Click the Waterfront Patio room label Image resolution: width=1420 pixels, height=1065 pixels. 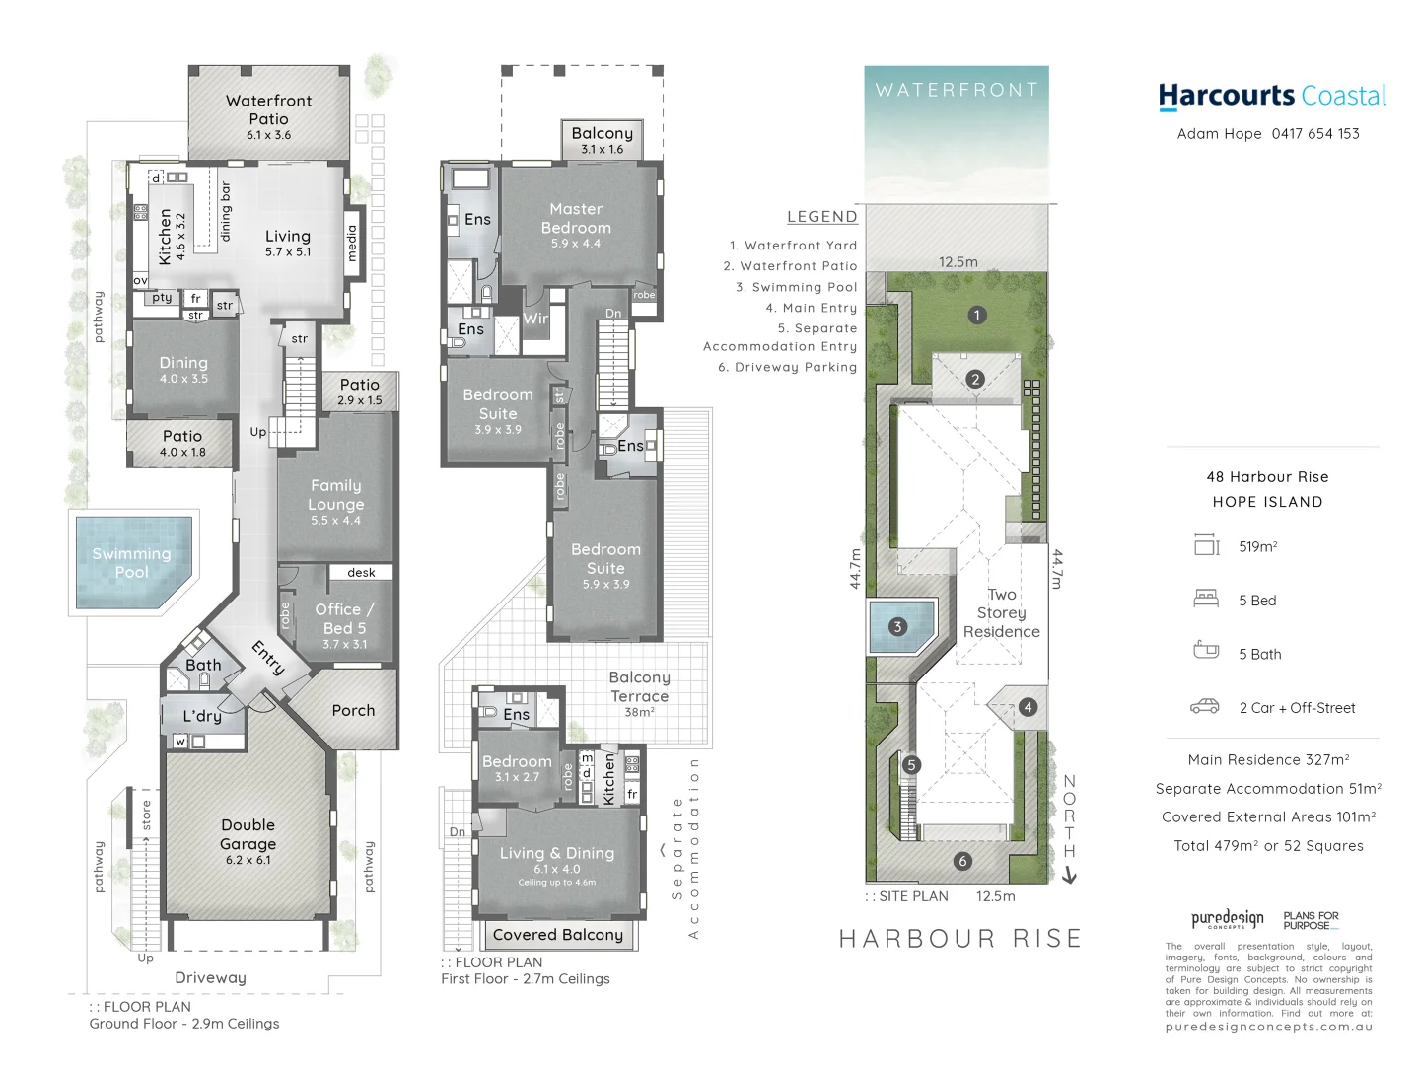268,109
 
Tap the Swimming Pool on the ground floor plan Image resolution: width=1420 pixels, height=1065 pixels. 131,563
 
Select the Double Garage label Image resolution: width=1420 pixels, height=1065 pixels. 248,834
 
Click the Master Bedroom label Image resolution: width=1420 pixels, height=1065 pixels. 576,218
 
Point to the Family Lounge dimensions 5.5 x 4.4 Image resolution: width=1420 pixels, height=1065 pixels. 335,521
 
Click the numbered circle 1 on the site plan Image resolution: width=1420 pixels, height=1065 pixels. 976,316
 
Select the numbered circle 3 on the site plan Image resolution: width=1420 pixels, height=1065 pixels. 897,626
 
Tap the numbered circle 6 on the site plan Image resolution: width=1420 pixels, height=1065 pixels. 962,861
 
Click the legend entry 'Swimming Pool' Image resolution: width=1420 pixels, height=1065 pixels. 797,287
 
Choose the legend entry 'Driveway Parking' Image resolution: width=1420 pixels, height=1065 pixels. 787,367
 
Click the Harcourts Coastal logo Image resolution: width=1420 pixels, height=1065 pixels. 1272,96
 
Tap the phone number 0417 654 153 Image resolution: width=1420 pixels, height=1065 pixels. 1315,134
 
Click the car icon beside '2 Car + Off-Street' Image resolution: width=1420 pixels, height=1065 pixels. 1205,706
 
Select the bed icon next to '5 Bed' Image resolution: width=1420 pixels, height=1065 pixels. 1206,598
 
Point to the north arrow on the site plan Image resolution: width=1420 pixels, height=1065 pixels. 1069,874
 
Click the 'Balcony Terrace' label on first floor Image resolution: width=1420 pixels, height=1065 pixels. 639,686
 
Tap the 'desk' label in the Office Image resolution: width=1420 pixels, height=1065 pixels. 361,572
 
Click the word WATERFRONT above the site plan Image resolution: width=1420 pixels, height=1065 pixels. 957,90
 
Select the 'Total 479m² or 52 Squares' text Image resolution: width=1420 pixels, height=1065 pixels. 1268,846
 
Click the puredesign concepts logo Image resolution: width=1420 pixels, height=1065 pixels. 1227,919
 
